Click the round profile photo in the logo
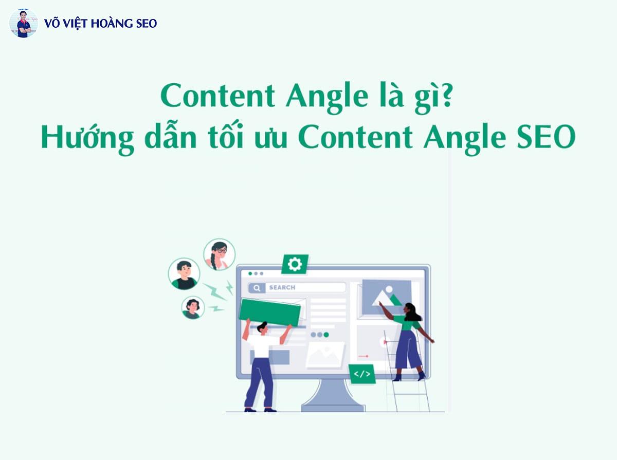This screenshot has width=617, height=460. point(24,23)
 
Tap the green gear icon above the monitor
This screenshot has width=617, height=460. point(295,264)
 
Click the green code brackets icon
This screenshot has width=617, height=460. point(362,374)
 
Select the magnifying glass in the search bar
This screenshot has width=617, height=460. point(257,287)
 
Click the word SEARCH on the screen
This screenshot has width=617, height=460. point(282,287)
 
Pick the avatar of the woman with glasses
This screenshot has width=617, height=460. point(220,255)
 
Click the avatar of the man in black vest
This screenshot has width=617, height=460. point(184,274)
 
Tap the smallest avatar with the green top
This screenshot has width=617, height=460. point(193,307)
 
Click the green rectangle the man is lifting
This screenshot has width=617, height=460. point(270,311)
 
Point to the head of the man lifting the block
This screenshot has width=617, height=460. point(262,327)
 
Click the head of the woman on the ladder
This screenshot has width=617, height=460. point(411,310)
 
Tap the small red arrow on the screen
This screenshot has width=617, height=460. point(364,356)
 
